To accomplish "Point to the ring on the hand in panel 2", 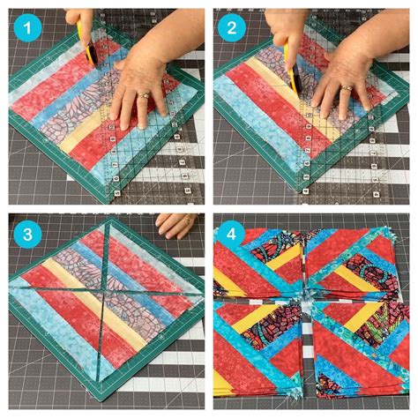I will point(347,88).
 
